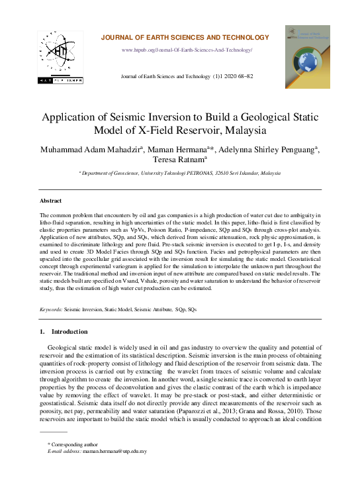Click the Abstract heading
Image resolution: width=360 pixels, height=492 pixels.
coord(50,201)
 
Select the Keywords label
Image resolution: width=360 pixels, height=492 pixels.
coord(51,309)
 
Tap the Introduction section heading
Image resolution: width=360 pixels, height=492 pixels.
coord(68,331)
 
